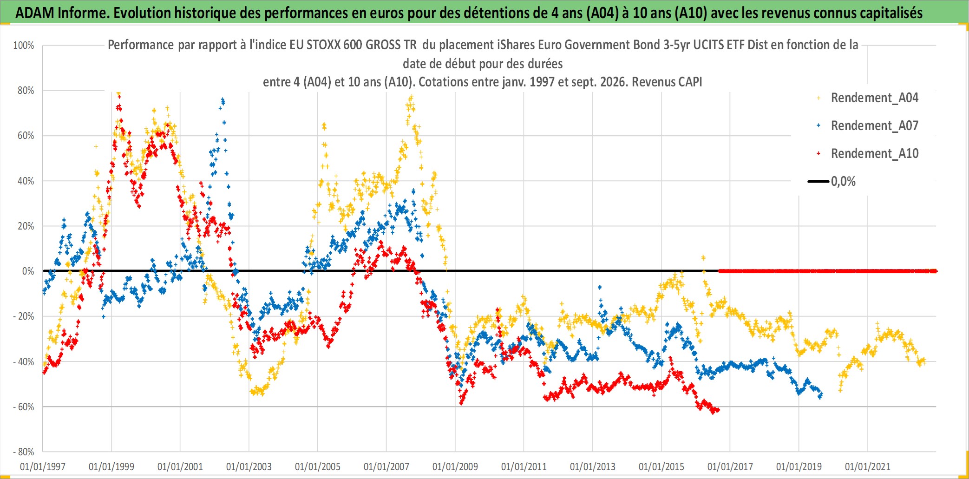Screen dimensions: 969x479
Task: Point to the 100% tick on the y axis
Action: coord(24,46)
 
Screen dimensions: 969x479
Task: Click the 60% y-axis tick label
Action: coord(26,136)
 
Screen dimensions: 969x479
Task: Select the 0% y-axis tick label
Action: coord(28,271)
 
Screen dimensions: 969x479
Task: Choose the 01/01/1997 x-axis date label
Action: coord(43,466)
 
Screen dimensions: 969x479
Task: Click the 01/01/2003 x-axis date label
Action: coord(249,466)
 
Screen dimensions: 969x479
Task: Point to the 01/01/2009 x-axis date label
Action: coord(455,466)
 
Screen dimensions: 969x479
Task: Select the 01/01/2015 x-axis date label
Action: coord(661,466)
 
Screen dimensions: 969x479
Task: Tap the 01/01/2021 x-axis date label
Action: coord(868,466)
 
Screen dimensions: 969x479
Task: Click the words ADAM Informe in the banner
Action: coord(62,13)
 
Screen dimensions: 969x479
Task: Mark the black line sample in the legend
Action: coord(818,182)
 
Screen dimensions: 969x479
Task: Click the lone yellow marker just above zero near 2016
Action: coord(703,257)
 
